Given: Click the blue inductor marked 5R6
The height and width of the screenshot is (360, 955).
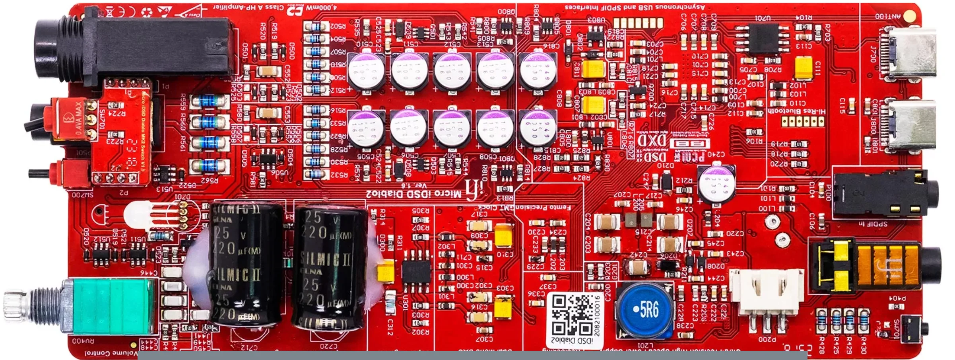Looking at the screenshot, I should pyautogui.click(x=645, y=309).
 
